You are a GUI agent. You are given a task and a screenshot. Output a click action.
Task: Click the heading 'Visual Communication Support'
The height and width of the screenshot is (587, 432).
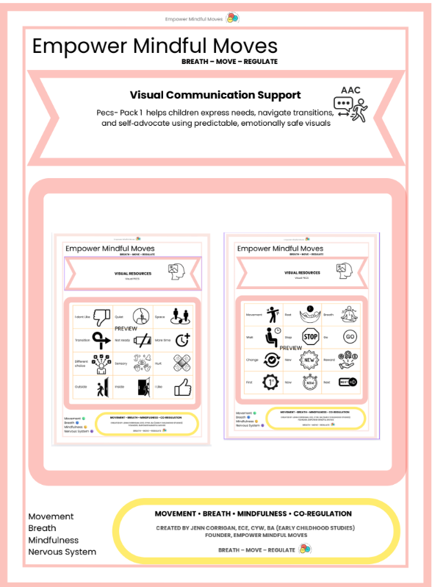click(x=215, y=95)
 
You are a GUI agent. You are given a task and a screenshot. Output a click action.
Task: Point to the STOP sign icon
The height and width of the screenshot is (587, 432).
click(x=311, y=337)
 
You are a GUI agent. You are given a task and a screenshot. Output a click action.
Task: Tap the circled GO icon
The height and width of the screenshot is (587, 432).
click(x=350, y=336)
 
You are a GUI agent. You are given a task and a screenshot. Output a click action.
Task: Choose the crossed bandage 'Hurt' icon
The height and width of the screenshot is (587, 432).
click(x=183, y=363)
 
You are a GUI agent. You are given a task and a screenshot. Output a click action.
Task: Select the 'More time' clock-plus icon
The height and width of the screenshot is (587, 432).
click(x=183, y=340)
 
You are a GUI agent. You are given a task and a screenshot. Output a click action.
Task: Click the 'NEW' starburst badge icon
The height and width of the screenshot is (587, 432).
click(x=311, y=360)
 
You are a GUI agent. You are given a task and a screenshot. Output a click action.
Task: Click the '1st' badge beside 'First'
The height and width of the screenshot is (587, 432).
click(x=270, y=383)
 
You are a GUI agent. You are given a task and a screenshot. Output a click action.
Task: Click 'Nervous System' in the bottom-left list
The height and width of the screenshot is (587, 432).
click(x=62, y=552)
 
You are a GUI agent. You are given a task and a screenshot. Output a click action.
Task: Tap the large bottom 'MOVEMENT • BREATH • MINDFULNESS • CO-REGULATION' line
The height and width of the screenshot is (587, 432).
click(x=253, y=513)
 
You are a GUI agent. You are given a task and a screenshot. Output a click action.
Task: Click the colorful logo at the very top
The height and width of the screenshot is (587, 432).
click(x=232, y=18)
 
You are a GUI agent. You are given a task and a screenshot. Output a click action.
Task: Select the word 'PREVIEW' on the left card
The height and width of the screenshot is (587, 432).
click(x=126, y=328)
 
